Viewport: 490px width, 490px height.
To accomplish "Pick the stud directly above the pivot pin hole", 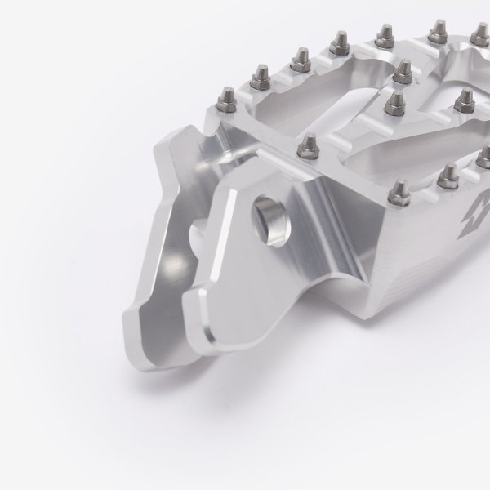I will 308,146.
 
